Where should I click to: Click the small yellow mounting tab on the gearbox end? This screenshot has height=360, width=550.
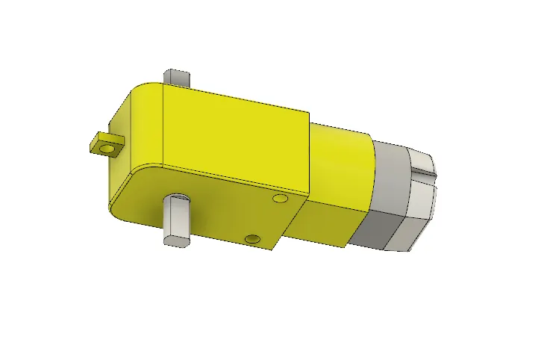point(102,143)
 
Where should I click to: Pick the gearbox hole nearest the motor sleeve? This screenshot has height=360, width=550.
point(281,199)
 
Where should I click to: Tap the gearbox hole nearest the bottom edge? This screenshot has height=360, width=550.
point(253,239)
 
